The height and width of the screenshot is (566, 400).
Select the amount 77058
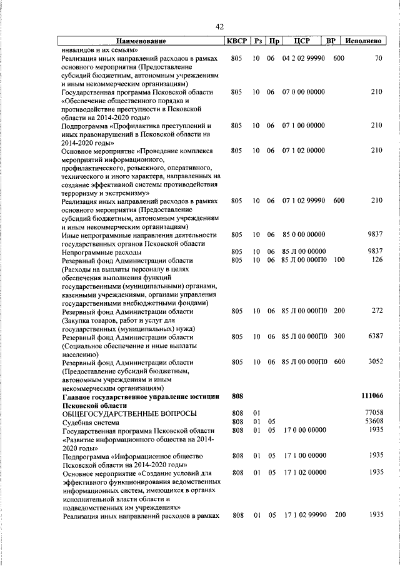click(373, 413)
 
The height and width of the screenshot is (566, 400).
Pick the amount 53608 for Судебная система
click(373, 422)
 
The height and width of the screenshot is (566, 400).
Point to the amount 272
click(376, 311)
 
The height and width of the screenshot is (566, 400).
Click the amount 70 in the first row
click(378, 58)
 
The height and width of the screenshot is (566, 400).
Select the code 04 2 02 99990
click(303, 58)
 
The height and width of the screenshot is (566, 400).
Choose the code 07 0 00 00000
click(303, 92)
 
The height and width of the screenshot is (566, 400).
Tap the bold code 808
click(236, 396)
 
